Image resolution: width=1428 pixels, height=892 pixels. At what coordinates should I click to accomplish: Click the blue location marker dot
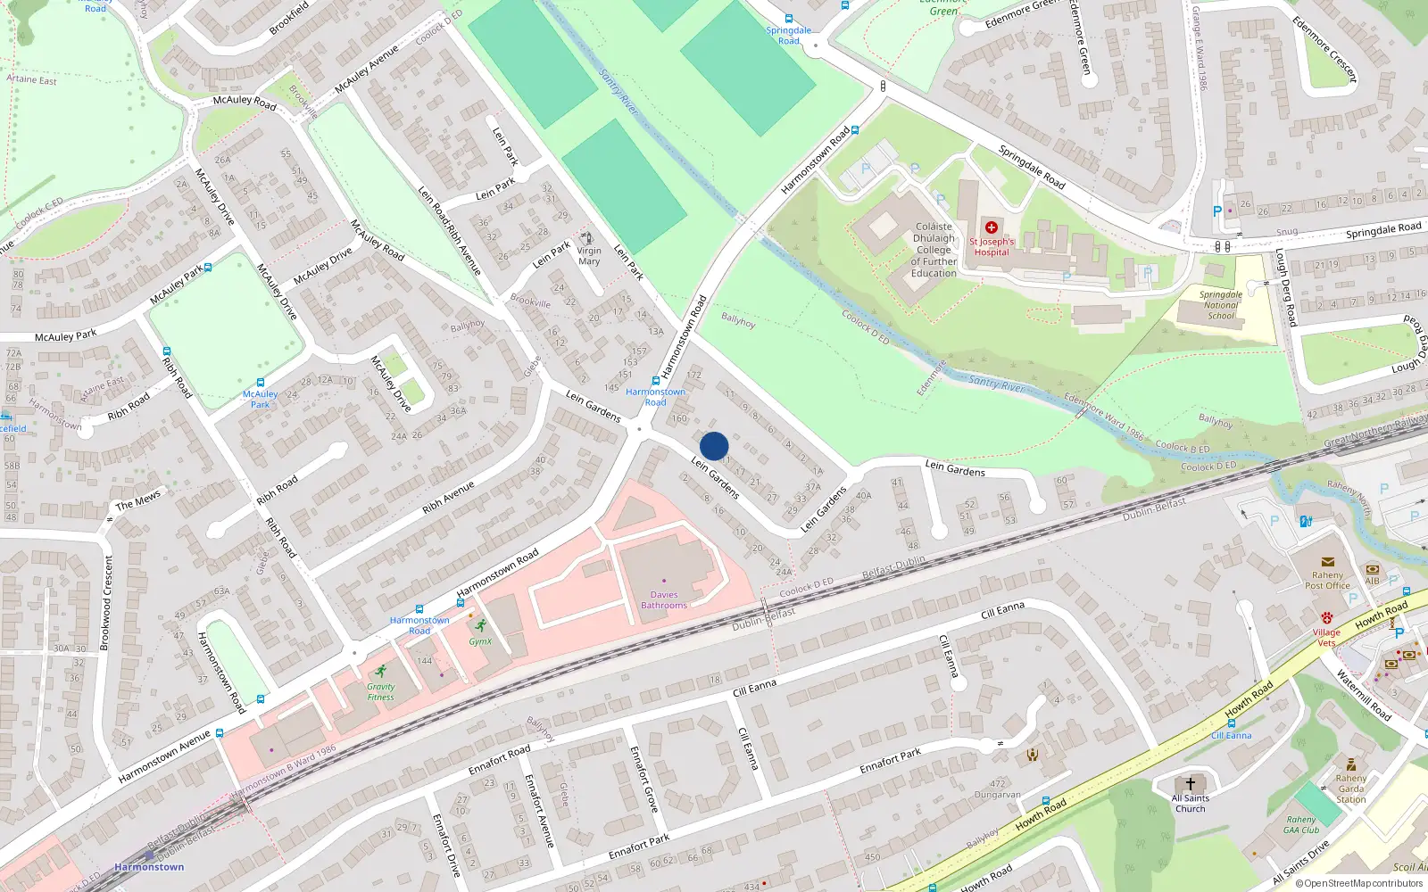714,446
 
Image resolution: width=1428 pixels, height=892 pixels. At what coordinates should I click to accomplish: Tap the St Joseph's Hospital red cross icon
991,227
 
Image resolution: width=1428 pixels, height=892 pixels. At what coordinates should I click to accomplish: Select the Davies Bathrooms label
664,600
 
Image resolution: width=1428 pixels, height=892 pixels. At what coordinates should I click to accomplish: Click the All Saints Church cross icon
1190,783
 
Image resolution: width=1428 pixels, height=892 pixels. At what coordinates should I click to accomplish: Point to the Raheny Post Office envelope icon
1327,562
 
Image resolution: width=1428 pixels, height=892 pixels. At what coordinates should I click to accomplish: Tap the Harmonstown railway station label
149,867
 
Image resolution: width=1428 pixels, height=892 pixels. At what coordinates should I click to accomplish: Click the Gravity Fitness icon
381,671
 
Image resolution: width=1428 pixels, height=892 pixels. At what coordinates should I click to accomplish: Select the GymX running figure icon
481,625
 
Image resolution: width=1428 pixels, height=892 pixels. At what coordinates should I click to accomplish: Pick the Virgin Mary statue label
589,256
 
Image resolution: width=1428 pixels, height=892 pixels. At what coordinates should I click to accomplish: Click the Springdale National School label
1221,305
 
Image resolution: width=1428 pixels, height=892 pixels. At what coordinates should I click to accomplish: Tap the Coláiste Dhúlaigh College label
934,250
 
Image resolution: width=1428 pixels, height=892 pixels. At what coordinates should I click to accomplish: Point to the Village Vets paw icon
1327,617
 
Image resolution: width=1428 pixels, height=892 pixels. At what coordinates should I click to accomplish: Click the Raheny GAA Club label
1301,825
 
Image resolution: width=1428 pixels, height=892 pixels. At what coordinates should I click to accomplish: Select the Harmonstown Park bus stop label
656,397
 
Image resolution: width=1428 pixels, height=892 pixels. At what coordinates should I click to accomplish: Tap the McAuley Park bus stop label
260,399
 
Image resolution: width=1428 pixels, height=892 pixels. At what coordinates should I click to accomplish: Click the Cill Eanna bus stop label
1231,736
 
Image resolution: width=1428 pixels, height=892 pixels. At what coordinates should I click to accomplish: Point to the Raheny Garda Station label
1351,789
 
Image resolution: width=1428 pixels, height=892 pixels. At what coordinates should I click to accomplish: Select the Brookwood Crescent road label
107,602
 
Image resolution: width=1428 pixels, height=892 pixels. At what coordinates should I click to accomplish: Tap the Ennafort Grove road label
643,779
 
